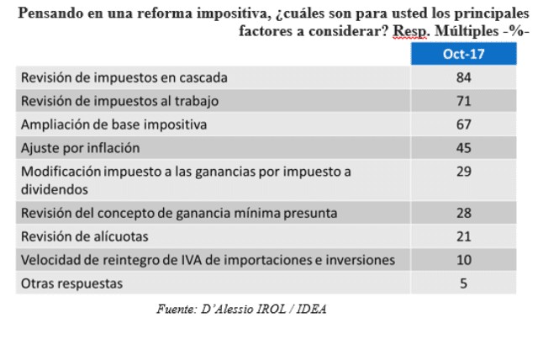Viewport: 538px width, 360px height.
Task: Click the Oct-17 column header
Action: click(462, 55)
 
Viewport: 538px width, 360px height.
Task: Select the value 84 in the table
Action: click(462, 77)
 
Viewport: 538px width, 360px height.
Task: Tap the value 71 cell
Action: click(462, 101)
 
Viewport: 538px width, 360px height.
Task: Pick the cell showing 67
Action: click(462, 124)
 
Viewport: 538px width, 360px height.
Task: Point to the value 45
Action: click(462, 148)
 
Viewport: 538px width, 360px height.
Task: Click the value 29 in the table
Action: click(462, 172)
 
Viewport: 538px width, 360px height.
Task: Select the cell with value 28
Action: click(462, 211)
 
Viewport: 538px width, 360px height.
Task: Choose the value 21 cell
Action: click(462, 235)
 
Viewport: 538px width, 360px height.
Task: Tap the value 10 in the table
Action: click(462, 259)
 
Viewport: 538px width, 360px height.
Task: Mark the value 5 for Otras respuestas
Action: click(462, 283)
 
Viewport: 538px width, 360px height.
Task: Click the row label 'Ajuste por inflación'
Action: click(78, 148)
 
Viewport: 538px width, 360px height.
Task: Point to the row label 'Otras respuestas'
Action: click(71, 283)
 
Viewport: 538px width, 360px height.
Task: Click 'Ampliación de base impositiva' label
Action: click(113, 124)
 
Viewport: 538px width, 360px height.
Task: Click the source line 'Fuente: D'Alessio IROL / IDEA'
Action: click(242, 309)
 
